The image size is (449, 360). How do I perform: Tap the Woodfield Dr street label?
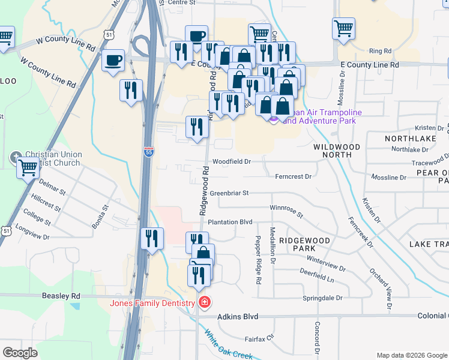[x=231, y=161]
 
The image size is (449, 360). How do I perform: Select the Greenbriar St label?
[x=229, y=193]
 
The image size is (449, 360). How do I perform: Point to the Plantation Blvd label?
[x=230, y=222]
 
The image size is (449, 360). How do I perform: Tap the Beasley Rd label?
[x=61, y=296]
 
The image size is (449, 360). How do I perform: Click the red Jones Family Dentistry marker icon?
[x=205, y=302]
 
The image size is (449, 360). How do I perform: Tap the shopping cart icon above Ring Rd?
[x=343, y=28]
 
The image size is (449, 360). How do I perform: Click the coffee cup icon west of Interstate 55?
[x=113, y=60]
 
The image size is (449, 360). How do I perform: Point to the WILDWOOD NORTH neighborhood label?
[x=337, y=151]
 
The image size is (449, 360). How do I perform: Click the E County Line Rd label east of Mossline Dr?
[x=369, y=64]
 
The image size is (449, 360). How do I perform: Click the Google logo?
[x=20, y=353]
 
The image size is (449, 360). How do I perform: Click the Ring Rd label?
[x=380, y=51]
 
